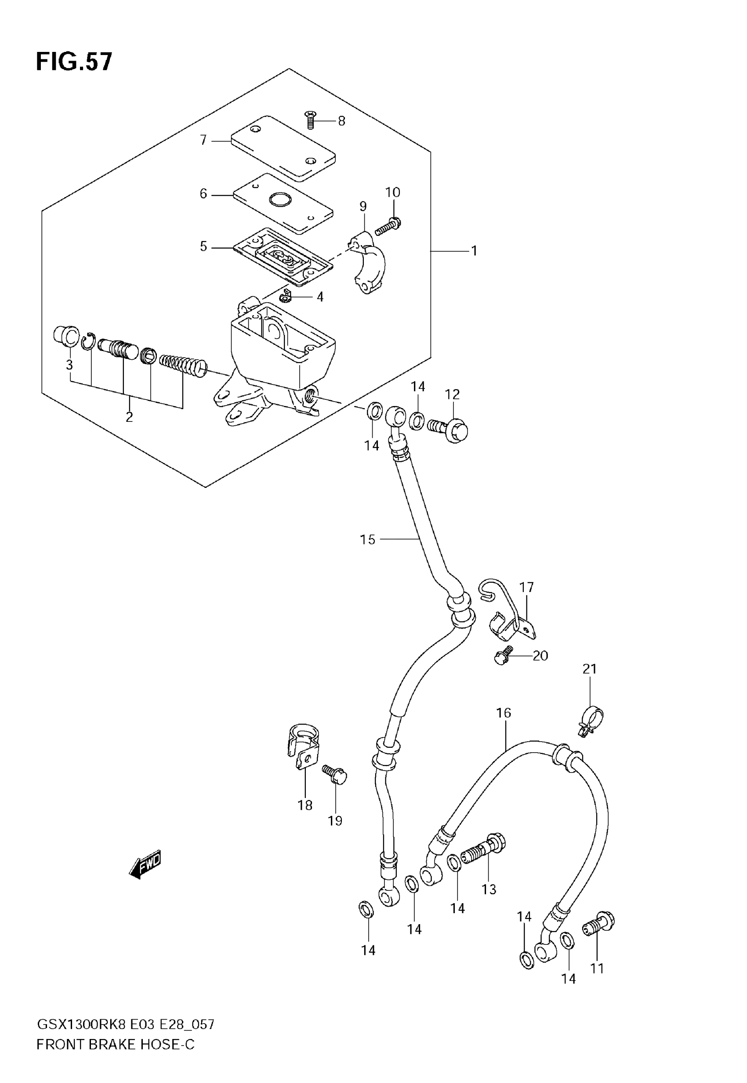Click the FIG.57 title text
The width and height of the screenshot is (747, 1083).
tap(74, 62)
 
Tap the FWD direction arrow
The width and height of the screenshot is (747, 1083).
tap(145, 864)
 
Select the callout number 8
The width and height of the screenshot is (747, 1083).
tap(342, 121)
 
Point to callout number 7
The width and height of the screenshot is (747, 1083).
tap(203, 140)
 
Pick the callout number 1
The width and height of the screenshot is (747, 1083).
tap(474, 251)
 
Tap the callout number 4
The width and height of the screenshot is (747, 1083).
tap(320, 297)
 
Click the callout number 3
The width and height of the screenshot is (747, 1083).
tap(69, 364)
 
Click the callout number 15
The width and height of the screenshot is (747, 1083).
tap(367, 540)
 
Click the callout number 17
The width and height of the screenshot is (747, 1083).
tap(526, 587)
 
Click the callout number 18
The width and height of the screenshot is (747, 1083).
tap(305, 805)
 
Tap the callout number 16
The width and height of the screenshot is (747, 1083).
tap(504, 713)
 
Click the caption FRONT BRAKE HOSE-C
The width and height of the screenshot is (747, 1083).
tap(115, 1045)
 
